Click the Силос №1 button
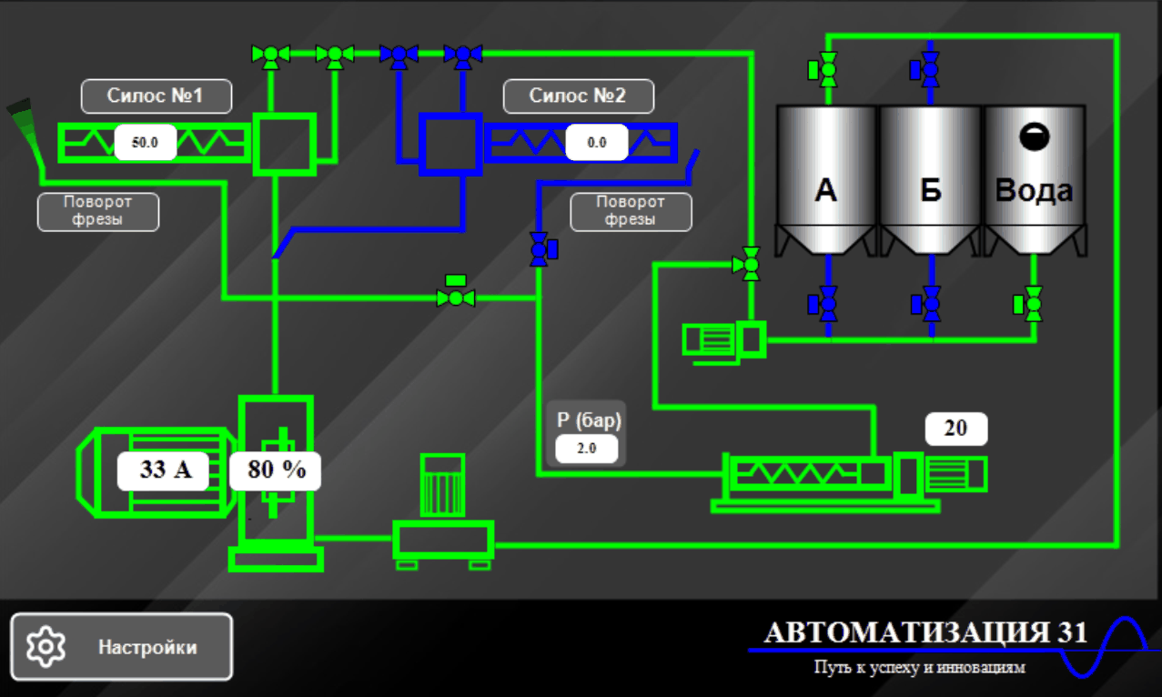click(x=157, y=96)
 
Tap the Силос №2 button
click(x=579, y=96)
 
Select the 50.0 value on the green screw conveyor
click(x=146, y=142)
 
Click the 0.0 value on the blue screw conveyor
click(x=597, y=142)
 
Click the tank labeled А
click(x=826, y=180)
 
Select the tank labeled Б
click(x=931, y=180)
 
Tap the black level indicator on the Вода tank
click(x=1035, y=136)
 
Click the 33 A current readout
click(x=164, y=470)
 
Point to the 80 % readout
click(x=276, y=470)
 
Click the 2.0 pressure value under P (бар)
click(x=587, y=449)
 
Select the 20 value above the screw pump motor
click(x=956, y=429)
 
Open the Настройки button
click(x=121, y=647)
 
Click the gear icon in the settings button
click(x=45, y=646)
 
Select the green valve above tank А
click(x=823, y=69)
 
